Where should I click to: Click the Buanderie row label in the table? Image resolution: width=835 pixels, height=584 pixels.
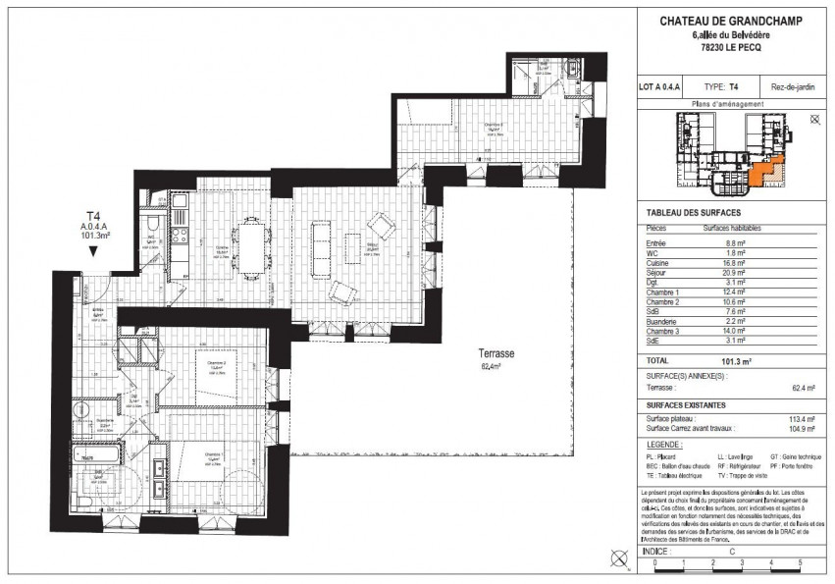(658, 324)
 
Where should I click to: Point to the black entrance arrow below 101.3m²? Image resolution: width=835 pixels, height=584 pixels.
(92, 252)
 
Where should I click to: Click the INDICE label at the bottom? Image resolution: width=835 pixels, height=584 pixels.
(655, 552)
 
